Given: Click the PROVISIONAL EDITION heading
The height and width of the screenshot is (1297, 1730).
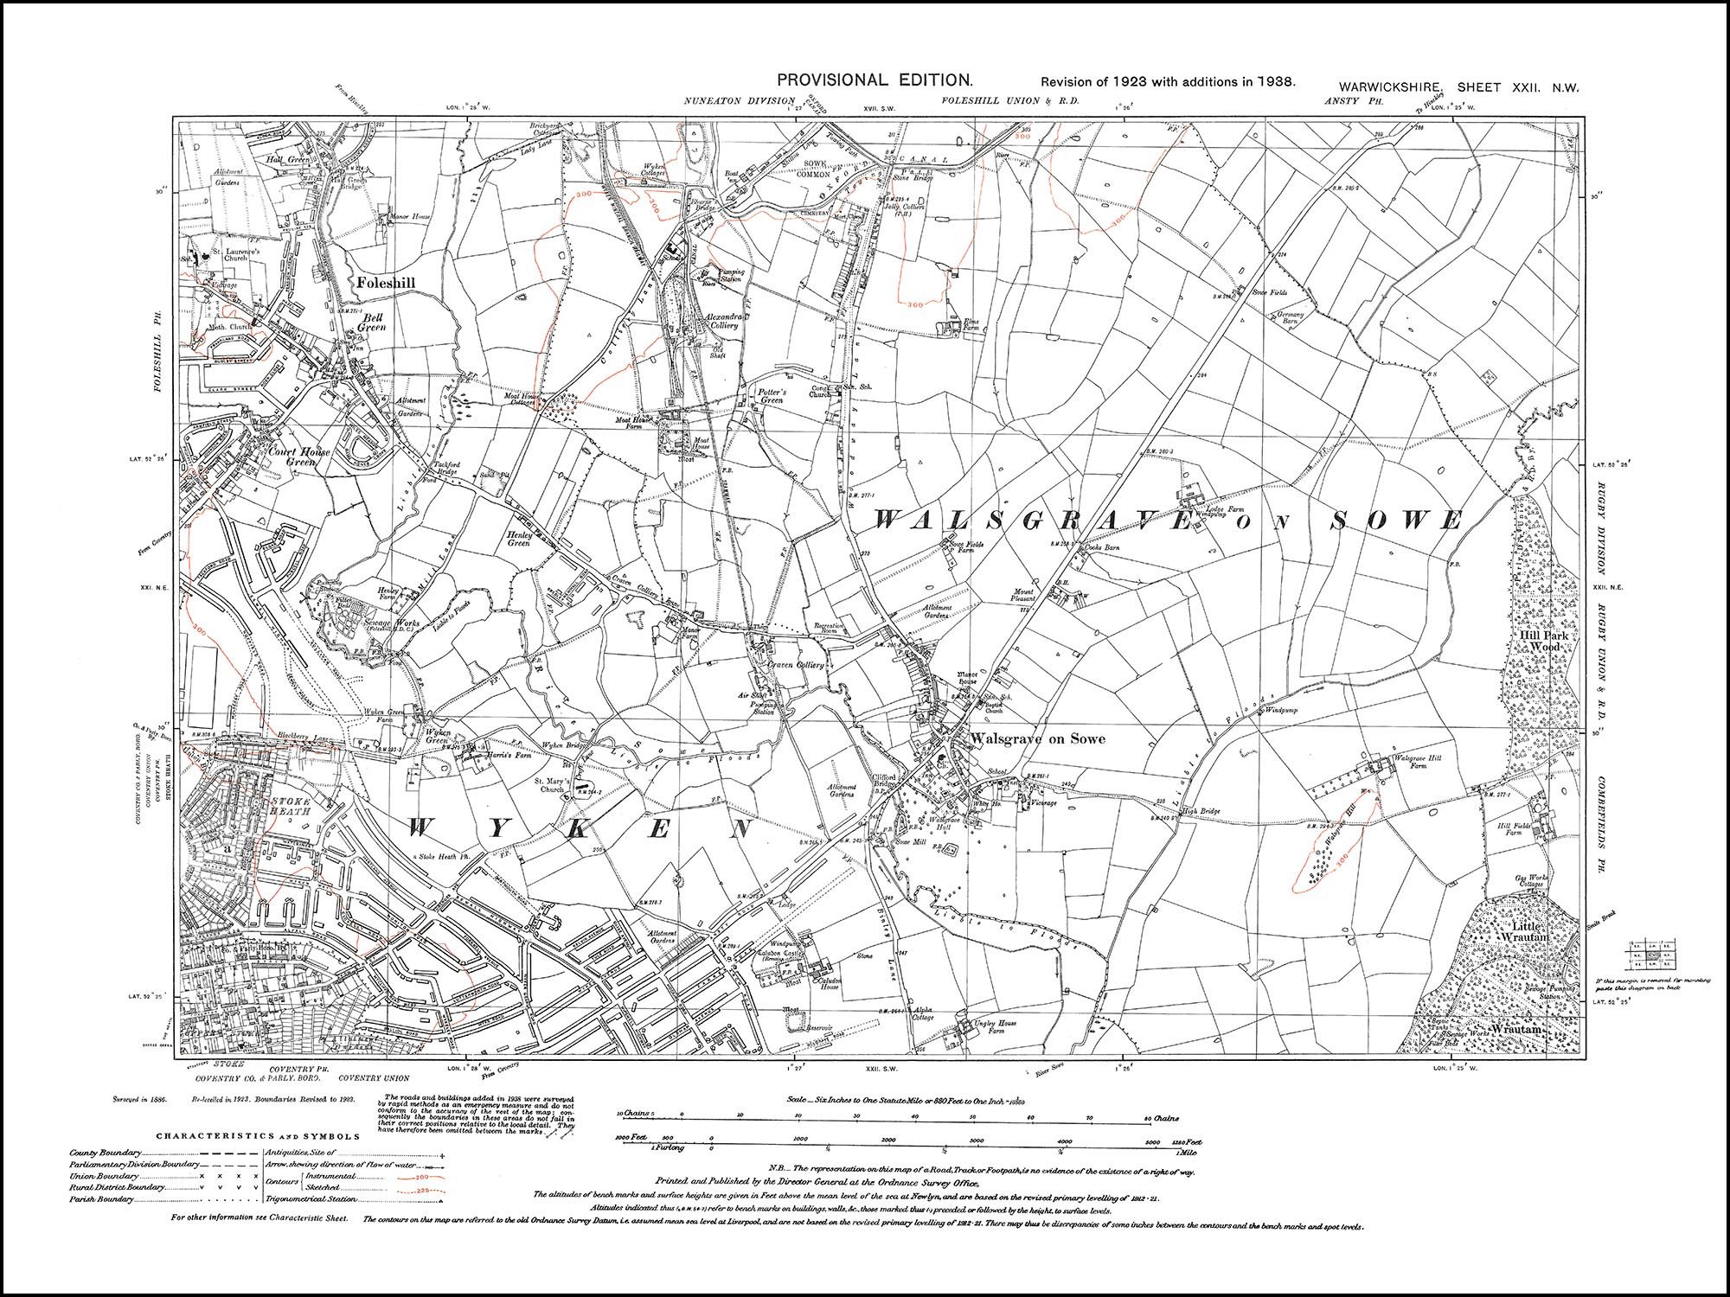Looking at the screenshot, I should click(x=875, y=80).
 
